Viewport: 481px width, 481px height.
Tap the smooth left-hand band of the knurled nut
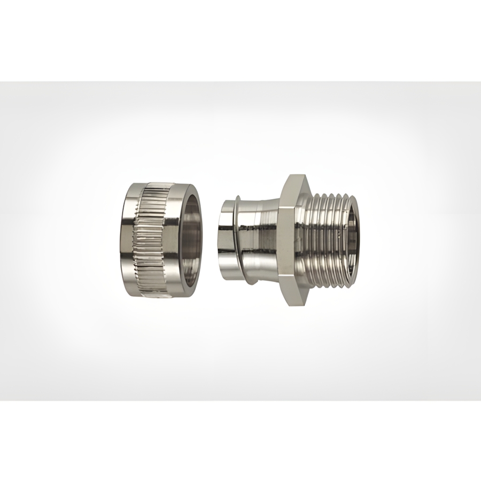130,241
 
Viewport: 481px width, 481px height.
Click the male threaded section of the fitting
326,241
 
